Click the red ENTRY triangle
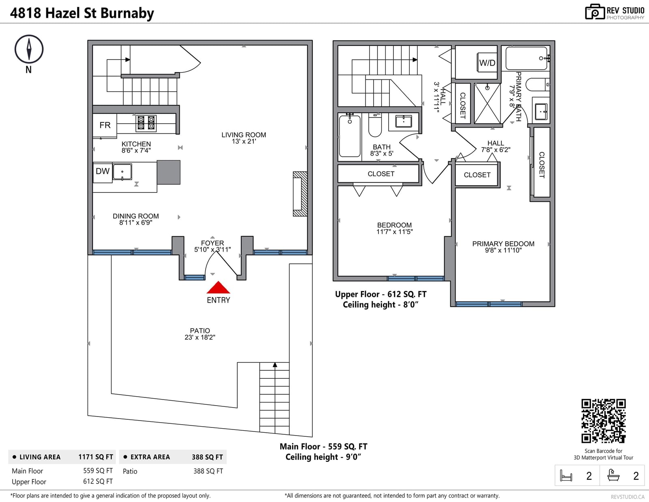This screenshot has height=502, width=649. pos(218,287)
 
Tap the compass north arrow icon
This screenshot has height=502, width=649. pos(29,49)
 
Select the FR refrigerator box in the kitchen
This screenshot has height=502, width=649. pos(105,126)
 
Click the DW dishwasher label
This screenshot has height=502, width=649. pos(103,171)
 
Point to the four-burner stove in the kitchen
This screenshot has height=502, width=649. pos(146,123)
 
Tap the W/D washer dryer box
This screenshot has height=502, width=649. pos(487,62)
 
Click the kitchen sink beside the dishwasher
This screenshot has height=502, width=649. pos(122,172)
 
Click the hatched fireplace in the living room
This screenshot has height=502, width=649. pos(300,194)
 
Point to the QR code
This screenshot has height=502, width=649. pos(603,421)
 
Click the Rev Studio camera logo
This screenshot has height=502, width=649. pos(595,12)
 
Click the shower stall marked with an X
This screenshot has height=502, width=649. pos(487,103)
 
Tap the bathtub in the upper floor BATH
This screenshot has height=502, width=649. pos(350,136)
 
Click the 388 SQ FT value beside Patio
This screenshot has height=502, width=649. pos(208,471)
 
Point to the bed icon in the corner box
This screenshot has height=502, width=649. pos(566,475)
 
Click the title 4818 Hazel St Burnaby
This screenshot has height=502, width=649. pos(82,13)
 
